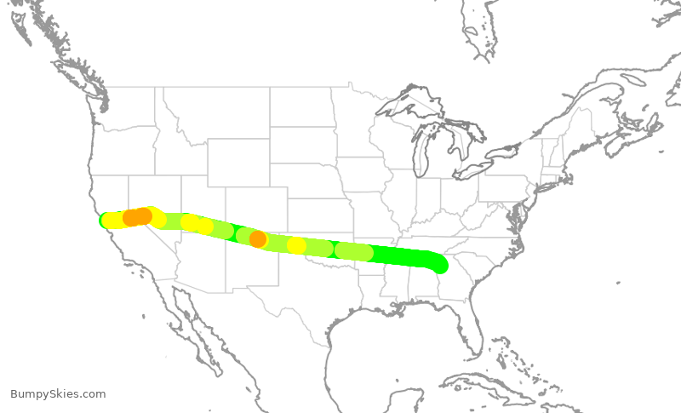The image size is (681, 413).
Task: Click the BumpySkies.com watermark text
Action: click(x=58, y=394)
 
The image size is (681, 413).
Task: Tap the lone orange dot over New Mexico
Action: click(x=258, y=239)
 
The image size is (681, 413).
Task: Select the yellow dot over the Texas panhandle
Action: click(x=296, y=245)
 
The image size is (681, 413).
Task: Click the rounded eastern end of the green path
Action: click(x=439, y=265)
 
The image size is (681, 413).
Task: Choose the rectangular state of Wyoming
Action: click(x=237, y=163)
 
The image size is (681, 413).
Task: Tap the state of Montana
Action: click(x=217, y=111)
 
